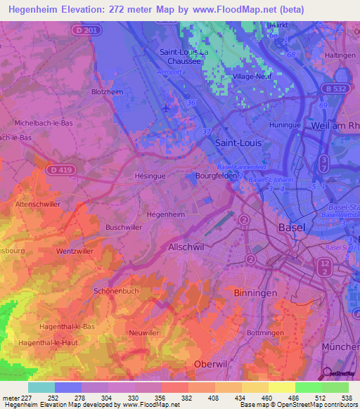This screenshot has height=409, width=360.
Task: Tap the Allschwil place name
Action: tap(186, 247)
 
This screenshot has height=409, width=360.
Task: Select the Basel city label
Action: tap(292, 228)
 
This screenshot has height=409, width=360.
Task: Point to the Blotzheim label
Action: tap(108, 92)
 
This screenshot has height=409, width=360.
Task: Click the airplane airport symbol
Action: tap(166, 108)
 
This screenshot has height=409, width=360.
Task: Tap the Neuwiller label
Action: tap(144, 332)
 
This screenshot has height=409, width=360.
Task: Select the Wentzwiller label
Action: tap(76, 251)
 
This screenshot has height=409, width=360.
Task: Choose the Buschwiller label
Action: tap(124, 228)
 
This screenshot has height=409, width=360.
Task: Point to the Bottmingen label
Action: tap(269, 332)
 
